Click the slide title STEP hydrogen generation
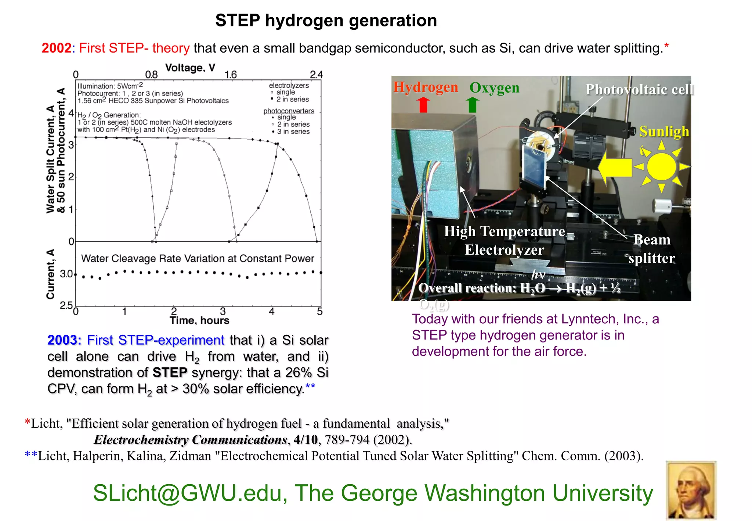pos(326,21)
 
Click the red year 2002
pos(56,48)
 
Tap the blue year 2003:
pos(64,340)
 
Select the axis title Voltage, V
pos(190,68)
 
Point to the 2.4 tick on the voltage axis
pos(316,75)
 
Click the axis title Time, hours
pos(199,320)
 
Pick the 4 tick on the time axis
pos(271,312)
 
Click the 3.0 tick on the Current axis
pos(66,274)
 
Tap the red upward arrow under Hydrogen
pos(423,104)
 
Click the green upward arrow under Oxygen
pos(473,104)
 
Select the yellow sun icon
pos(661,167)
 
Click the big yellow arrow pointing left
pos(615,167)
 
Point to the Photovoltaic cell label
pos(640,90)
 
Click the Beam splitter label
pos(652,249)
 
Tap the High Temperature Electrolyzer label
pos(505,240)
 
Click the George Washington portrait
pos(691,490)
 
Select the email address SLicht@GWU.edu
pos(190,493)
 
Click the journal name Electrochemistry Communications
pos(190,439)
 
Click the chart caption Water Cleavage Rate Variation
pos(198,259)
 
